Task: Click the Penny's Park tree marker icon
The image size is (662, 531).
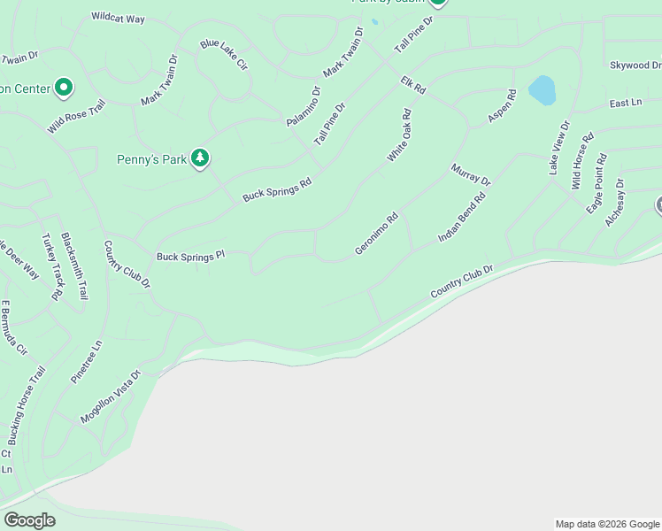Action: tap(201, 158)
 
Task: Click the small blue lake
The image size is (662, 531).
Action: tap(542, 88)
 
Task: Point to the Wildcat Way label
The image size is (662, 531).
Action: tap(118, 18)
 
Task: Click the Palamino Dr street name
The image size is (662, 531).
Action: tap(303, 106)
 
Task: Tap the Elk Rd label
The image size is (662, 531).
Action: tap(413, 85)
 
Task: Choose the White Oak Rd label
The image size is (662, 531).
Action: tap(400, 135)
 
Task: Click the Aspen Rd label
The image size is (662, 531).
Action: tap(502, 106)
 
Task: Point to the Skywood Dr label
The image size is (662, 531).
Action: tap(635, 65)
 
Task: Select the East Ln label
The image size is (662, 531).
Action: tap(625, 104)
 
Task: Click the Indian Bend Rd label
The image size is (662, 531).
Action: tap(463, 219)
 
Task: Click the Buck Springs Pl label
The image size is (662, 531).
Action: tap(191, 257)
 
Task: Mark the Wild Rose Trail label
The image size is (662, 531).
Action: tap(76, 116)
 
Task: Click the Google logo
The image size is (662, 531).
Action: tap(29, 520)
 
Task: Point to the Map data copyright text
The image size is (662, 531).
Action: tap(607, 524)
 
